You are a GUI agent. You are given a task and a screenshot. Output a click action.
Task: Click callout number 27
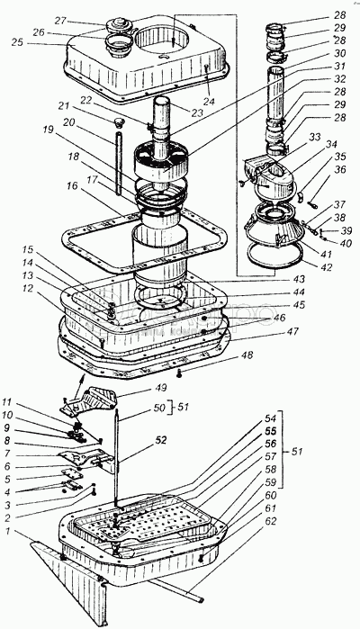(x=60, y=21)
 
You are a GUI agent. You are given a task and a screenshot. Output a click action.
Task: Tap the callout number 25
(x=17, y=42)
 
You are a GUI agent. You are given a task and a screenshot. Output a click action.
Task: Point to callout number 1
(x=6, y=532)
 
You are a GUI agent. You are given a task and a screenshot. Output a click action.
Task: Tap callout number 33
(x=315, y=137)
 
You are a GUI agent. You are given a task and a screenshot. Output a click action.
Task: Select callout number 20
(x=68, y=122)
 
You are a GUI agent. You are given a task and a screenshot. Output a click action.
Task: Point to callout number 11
(x=8, y=401)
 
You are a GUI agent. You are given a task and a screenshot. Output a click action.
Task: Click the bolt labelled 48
(x=179, y=373)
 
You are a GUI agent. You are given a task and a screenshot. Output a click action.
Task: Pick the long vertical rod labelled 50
(x=117, y=457)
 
